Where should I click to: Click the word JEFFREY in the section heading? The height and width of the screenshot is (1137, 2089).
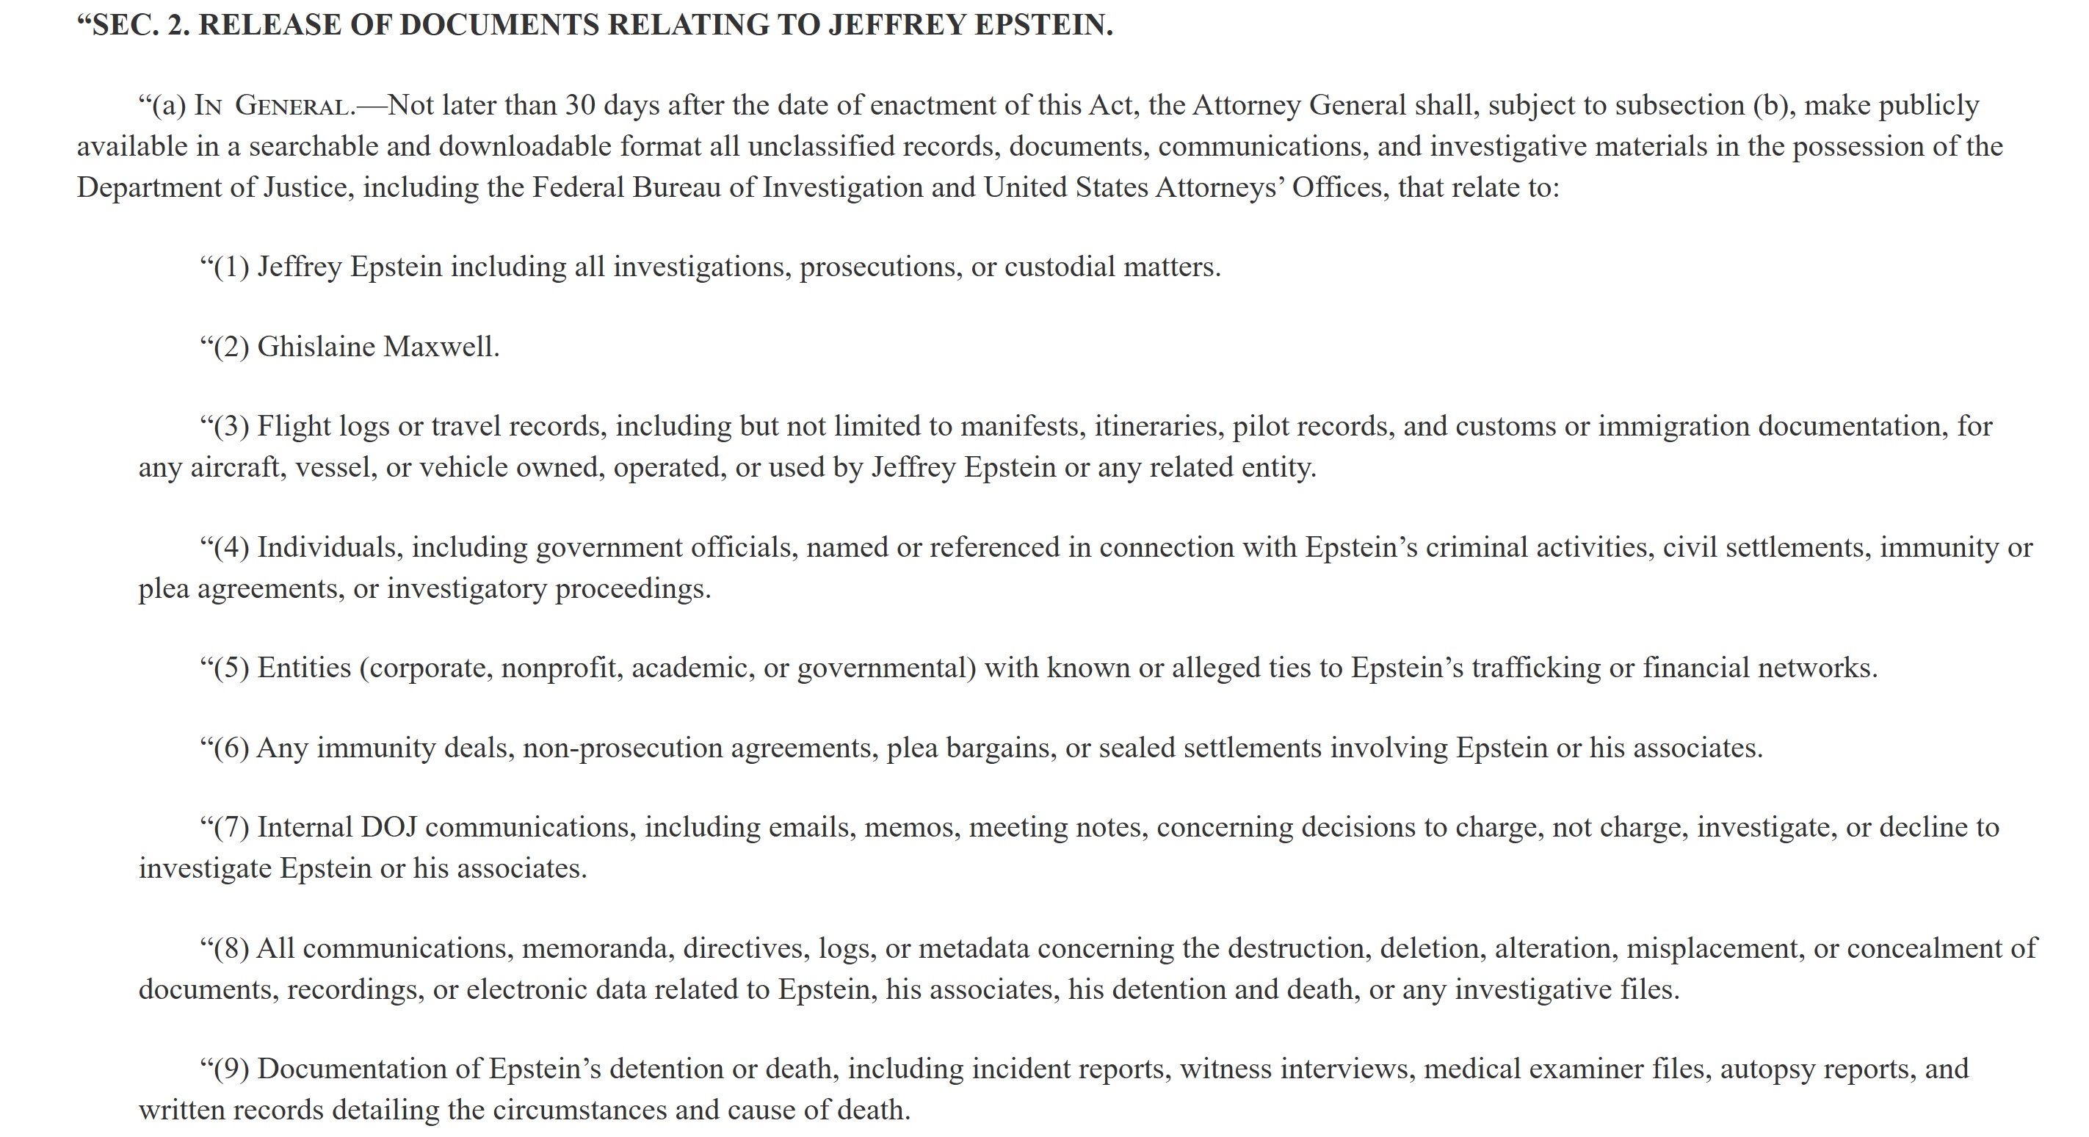(x=897, y=24)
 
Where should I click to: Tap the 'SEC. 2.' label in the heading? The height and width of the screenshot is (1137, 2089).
(x=139, y=24)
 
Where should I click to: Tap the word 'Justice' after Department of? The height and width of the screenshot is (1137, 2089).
(x=308, y=187)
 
